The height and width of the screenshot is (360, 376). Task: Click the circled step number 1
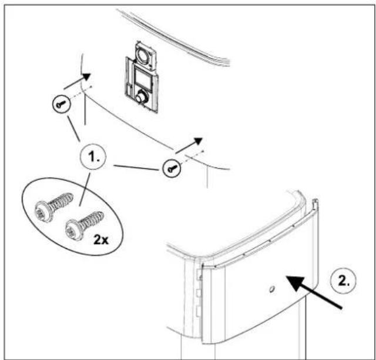coord(93,157)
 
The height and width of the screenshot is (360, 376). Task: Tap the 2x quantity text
coord(101,239)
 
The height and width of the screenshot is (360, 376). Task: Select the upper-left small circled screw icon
coord(61,104)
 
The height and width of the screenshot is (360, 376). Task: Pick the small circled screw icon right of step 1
coord(172,168)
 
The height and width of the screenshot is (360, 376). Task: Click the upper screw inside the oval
coord(54,206)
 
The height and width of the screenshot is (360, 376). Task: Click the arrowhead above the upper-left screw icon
coord(85,78)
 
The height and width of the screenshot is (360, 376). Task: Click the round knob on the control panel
coord(140,98)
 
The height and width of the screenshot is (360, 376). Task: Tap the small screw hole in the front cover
coord(271,289)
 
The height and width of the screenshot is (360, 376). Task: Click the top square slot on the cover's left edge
coord(199,274)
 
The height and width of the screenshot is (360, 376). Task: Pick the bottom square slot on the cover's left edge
coord(199,312)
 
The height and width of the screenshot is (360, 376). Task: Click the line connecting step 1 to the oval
coord(85,189)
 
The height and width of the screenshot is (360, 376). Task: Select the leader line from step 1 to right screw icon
coord(136,168)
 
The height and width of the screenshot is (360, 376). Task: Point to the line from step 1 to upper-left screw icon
coord(73,129)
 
